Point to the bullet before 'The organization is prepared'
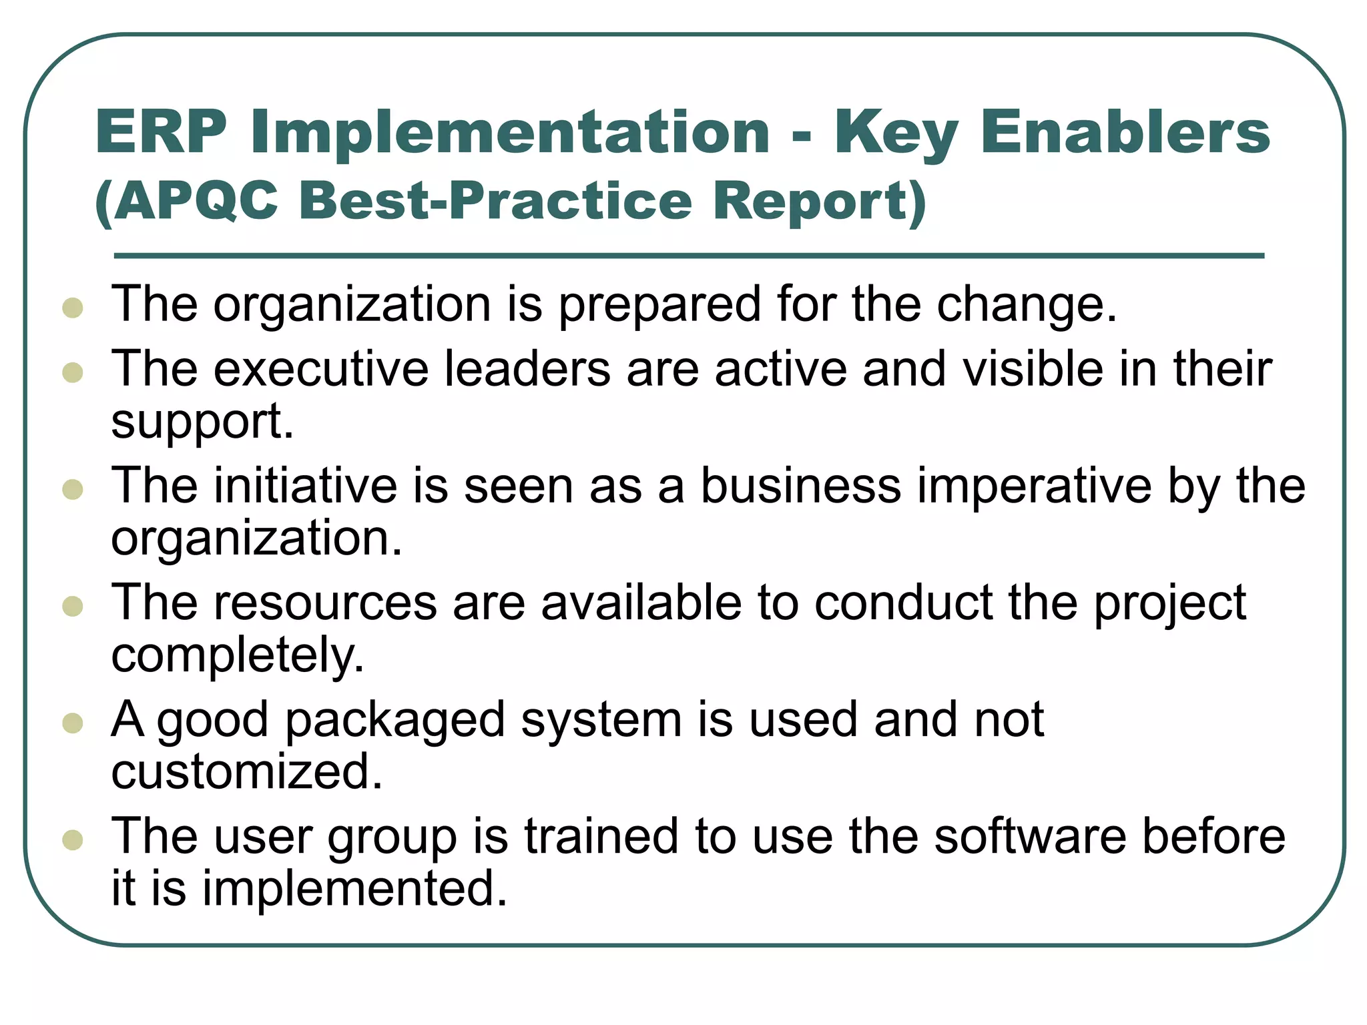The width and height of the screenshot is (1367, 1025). click(x=72, y=308)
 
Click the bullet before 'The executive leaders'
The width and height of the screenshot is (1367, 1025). click(x=72, y=372)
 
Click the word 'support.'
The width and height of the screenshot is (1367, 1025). click(x=202, y=422)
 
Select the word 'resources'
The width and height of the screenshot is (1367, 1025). click(x=325, y=603)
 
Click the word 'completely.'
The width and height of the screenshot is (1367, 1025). click(x=238, y=656)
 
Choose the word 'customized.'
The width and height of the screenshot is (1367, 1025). click(x=247, y=772)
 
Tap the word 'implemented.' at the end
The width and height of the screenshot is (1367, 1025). click(x=354, y=889)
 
